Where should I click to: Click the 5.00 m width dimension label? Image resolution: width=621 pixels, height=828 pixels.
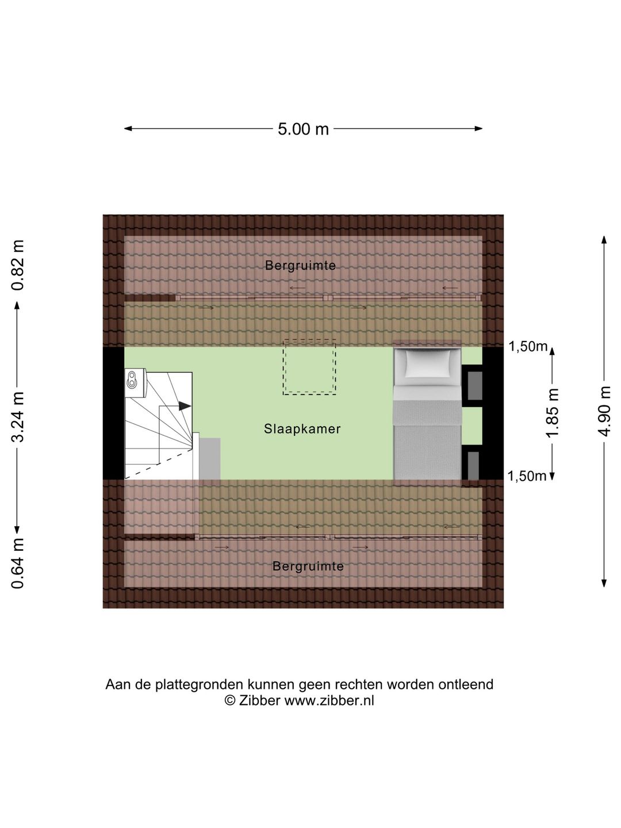303,129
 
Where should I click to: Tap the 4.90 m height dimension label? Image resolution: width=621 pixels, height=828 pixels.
604,411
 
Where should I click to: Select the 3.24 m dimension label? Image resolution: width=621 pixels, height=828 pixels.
18,416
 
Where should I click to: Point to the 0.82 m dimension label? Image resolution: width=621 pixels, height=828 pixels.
18,265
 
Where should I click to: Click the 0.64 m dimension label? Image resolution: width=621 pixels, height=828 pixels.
18,563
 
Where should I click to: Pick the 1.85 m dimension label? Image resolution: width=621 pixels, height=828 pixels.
553,413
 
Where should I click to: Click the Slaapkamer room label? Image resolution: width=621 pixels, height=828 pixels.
302,429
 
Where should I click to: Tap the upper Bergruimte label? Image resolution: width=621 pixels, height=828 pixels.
300,266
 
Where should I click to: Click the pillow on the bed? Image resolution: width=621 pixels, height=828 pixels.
428,363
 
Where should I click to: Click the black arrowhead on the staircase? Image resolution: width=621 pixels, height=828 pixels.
185,406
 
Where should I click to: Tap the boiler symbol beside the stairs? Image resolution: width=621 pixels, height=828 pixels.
135,383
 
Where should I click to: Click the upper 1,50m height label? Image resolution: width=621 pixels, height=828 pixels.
528,346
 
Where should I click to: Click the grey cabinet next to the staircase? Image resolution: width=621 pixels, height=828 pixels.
210,459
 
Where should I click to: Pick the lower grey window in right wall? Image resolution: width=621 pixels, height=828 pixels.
473,466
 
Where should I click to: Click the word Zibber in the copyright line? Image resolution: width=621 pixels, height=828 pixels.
259,700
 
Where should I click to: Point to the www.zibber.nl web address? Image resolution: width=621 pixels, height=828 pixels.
329,700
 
